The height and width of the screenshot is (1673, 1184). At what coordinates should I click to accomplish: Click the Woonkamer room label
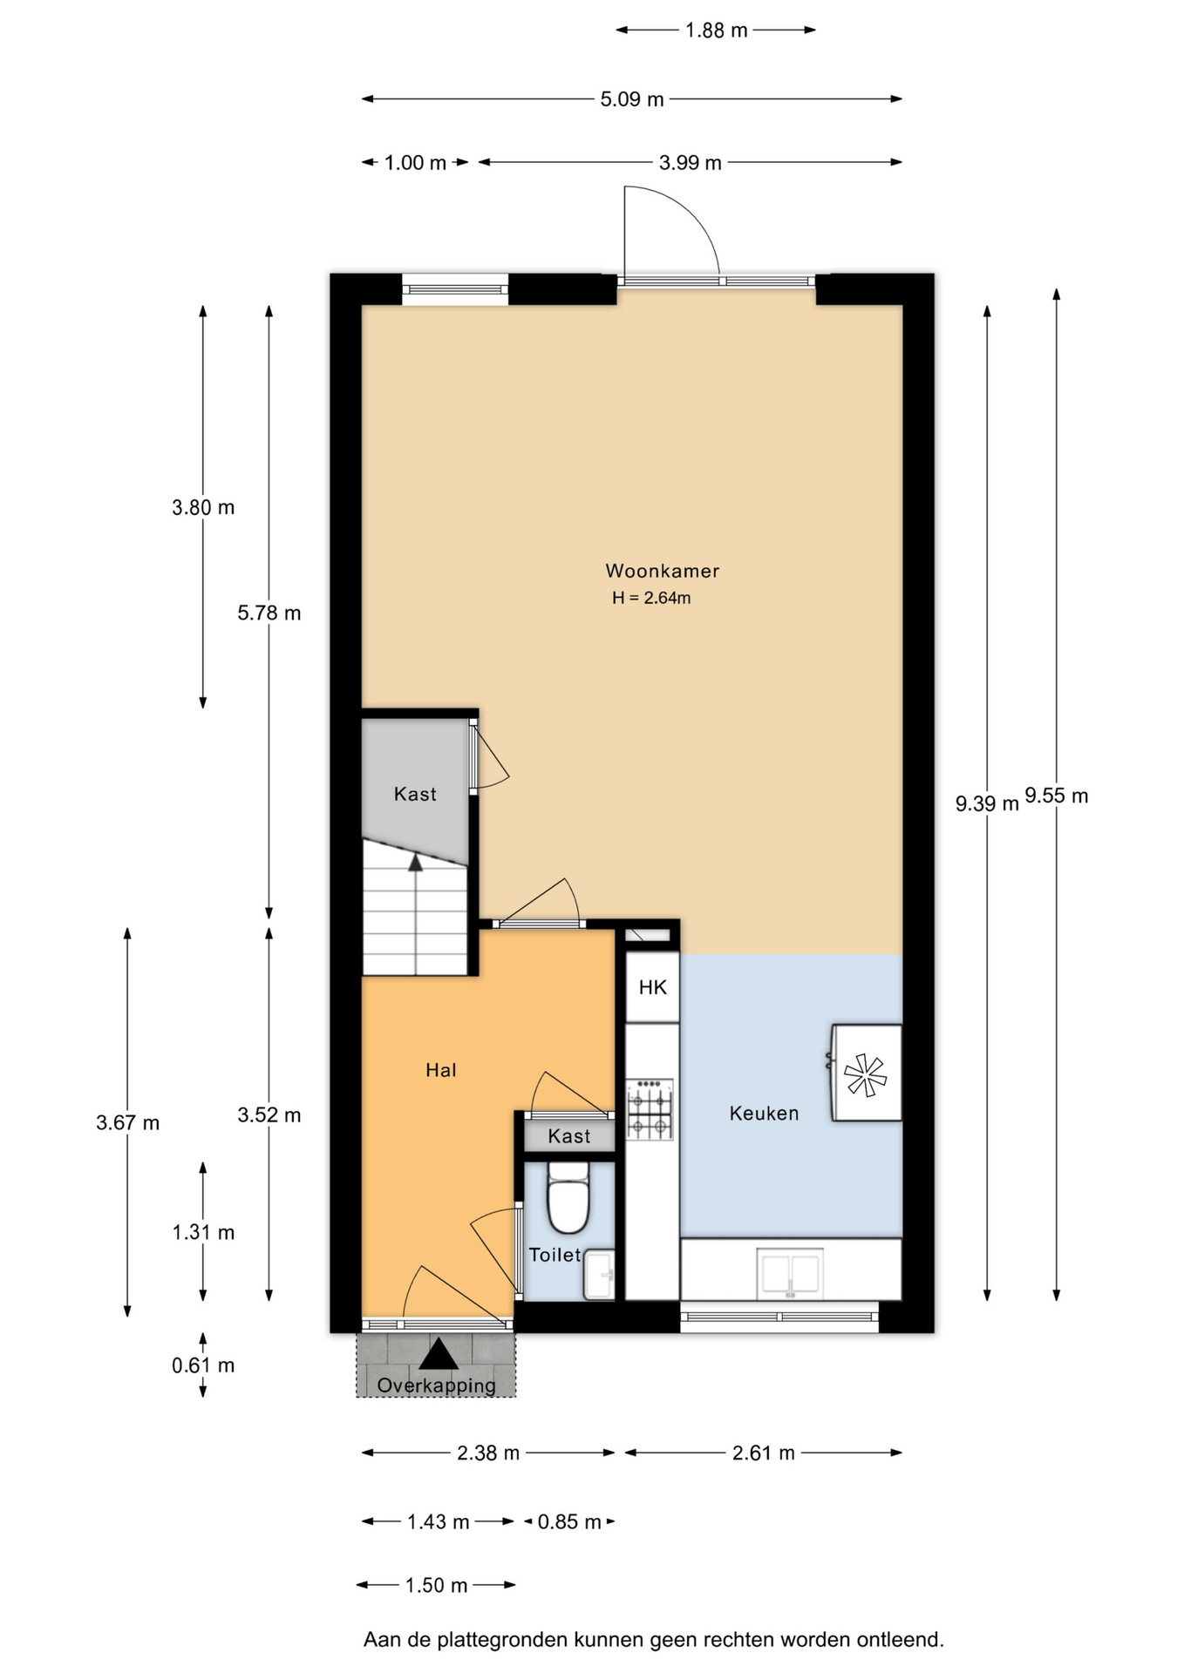pos(662,572)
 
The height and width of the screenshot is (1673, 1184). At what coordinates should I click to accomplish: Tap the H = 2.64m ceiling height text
pos(651,598)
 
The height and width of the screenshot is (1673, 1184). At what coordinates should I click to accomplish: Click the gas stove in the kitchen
pos(650,1109)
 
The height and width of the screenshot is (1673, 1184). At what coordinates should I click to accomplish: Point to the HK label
pos(652,987)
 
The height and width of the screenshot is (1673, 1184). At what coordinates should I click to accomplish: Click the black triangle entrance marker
pos(438,1354)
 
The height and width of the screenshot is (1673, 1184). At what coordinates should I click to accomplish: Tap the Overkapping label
pos(436,1385)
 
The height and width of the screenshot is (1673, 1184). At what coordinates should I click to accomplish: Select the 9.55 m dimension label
pos(1056,796)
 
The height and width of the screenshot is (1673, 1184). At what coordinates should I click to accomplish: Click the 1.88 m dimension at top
pos(716,30)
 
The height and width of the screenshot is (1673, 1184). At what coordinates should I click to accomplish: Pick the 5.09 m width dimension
pos(632,99)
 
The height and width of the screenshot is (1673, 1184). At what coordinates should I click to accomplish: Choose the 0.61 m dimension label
pos(203,1365)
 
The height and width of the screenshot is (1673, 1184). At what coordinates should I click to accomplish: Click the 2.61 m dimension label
pos(764,1453)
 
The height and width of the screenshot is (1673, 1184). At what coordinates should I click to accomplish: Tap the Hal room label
pos(441,1070)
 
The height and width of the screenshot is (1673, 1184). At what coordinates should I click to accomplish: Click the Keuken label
pos(764,1114)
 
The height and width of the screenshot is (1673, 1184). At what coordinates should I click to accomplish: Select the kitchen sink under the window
pos(790,1272)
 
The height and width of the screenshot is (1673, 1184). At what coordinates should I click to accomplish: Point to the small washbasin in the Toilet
pos(599,1275)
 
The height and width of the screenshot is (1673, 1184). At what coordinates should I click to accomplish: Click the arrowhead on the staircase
pos(416,863)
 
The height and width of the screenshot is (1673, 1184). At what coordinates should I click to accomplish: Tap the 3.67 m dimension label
pos(127,1122)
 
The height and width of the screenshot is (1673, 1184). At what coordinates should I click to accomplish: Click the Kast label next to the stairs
pos(415,794)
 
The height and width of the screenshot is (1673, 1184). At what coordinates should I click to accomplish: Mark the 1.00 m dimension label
pos(415,163)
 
